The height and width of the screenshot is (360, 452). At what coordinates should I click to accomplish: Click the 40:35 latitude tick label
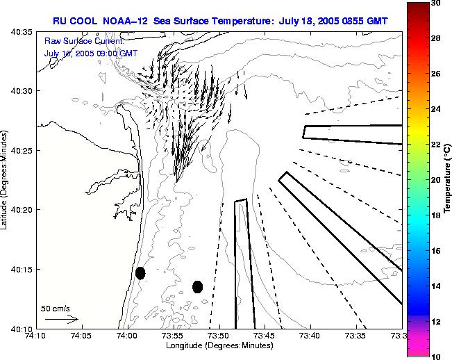pyautogui.click(x=21, y=32)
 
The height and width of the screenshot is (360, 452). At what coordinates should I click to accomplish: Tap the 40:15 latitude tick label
pyautogui.click(x=21, y=269)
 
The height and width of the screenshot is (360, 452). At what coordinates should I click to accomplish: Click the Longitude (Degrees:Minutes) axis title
pyautogui.click(x=219, y=345)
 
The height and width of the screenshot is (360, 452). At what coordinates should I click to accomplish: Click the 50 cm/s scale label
pyautogui.click(x=56, y=308)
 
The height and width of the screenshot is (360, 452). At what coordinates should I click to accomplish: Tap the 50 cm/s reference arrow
pyautogui.click(x=61, y=319)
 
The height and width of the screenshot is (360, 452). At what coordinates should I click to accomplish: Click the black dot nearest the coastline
pyautogui.click(x=140, y=272)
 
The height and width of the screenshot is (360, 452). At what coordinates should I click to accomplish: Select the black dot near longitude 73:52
pyautogui.click(x=197, y=286)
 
